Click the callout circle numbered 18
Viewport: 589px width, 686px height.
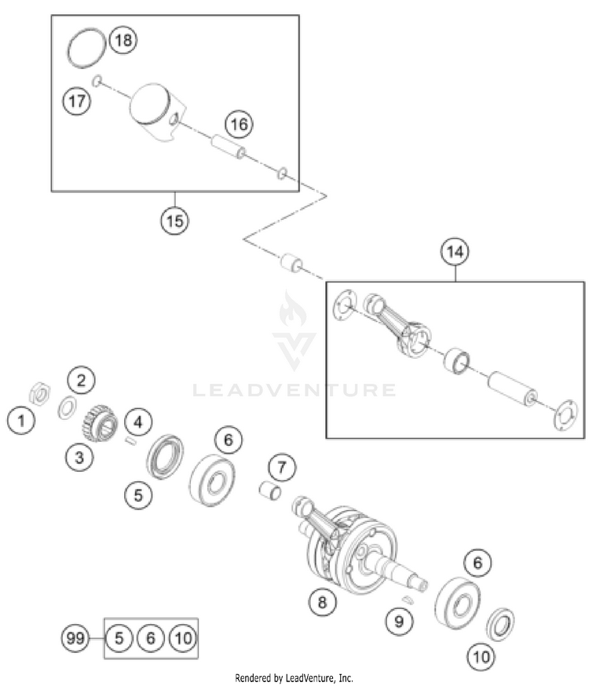coord(123,40)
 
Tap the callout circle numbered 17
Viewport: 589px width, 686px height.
coord(76,101)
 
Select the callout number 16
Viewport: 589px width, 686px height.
coord(240,124)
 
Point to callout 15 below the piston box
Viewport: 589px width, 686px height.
coord(174,221)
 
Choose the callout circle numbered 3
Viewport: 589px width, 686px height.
coord(79,458)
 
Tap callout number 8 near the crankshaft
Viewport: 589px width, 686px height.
coord(321,602)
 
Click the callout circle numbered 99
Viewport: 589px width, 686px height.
coord(76,638)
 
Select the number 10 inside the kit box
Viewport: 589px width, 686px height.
coord(181,638)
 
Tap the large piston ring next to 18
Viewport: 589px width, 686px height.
coord(84,49)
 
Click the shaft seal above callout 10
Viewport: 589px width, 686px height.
coord(501,622)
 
